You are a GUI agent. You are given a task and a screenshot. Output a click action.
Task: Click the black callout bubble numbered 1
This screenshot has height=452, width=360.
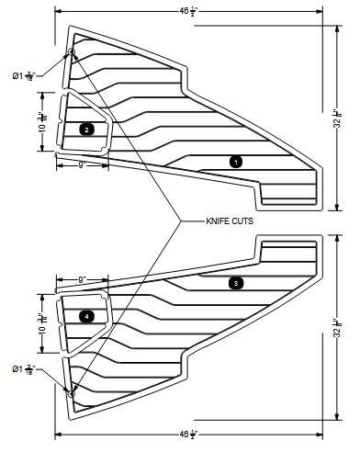236,162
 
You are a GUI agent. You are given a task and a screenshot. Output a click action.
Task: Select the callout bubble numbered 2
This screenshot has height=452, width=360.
86,130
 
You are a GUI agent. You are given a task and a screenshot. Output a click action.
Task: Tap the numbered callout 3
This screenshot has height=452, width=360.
236,283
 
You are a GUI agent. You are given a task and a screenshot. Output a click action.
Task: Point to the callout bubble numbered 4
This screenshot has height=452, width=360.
86,316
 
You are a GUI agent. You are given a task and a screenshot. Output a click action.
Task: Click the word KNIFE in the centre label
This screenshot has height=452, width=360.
216,221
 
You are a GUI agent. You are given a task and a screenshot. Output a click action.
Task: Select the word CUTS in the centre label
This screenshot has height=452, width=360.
242,221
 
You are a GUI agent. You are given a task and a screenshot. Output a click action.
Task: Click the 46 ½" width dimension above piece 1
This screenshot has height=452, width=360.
187,12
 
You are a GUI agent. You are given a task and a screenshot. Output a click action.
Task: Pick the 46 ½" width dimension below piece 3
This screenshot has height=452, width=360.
187,433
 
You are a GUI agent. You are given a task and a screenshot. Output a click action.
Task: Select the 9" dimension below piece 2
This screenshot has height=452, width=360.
82,165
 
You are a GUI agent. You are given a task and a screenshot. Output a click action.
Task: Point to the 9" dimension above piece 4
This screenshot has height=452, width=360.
82,279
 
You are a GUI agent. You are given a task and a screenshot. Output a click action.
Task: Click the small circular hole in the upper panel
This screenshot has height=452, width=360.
72,52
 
